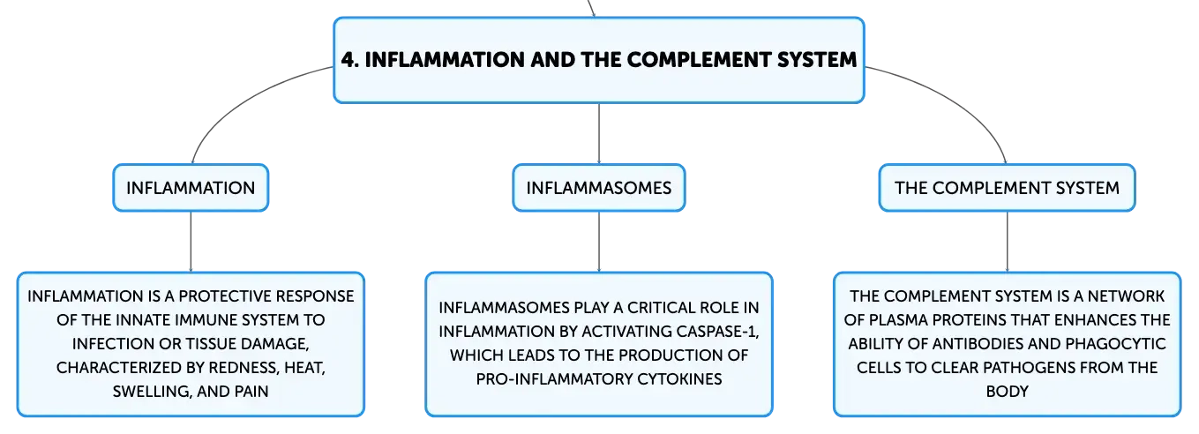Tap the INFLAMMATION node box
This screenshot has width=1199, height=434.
(x=191, y=188)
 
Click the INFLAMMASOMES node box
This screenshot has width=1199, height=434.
(x=598, y=188)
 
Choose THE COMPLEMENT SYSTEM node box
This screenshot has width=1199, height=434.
(x=1007, y=188)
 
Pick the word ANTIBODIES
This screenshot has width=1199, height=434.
(x=978, y=343)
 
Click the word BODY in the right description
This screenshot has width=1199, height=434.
(x=1007, y=392)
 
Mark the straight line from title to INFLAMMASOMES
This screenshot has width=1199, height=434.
(x=599, y=133)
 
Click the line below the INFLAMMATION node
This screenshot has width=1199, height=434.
(x=191, y=242)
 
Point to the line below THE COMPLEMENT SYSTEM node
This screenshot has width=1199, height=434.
(x=1007, y=242)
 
